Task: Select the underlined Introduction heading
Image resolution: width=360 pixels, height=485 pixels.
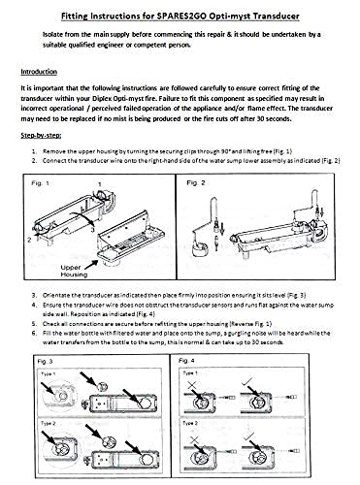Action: click(39, 72)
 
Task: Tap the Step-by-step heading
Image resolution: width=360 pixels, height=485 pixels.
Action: click(41, 135)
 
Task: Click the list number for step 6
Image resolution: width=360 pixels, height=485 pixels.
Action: click(34, 333)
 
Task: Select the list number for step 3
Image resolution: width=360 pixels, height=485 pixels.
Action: click(34, 295)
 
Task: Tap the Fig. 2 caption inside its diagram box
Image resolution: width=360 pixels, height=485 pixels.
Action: click(196, 183)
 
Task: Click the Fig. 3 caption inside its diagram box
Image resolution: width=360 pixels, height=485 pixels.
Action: click(45, 361)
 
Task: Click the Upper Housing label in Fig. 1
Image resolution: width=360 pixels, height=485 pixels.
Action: click(74, 271)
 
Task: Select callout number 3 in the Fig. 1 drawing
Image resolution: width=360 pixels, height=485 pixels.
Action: click(93, 230)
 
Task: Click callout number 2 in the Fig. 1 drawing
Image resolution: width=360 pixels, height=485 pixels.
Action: click(29, 240)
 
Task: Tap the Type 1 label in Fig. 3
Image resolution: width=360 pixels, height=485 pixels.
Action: click(49, 373)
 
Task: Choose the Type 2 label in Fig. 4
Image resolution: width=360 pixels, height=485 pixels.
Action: click(190, 423)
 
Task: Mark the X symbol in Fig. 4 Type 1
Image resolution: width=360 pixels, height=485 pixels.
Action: click(192, 385)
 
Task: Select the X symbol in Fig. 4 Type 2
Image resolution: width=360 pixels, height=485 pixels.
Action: click(194, 439)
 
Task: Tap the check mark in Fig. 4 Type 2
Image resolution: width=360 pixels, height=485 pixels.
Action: click(249, 436)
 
